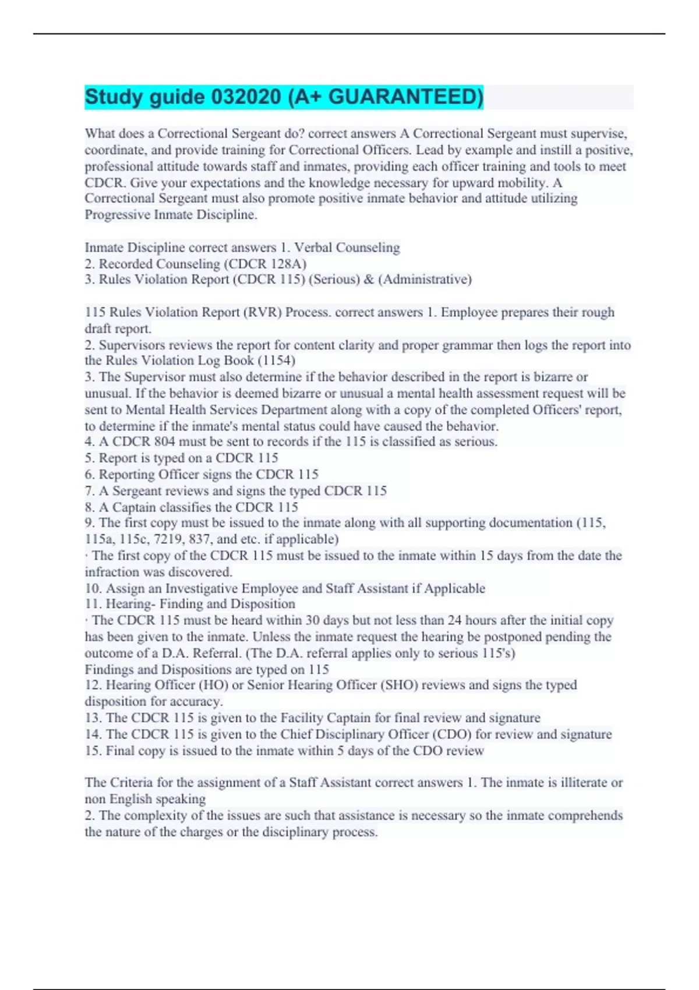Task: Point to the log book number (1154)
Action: click(x=276, y=360)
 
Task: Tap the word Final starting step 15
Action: click(x=120, y=751)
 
